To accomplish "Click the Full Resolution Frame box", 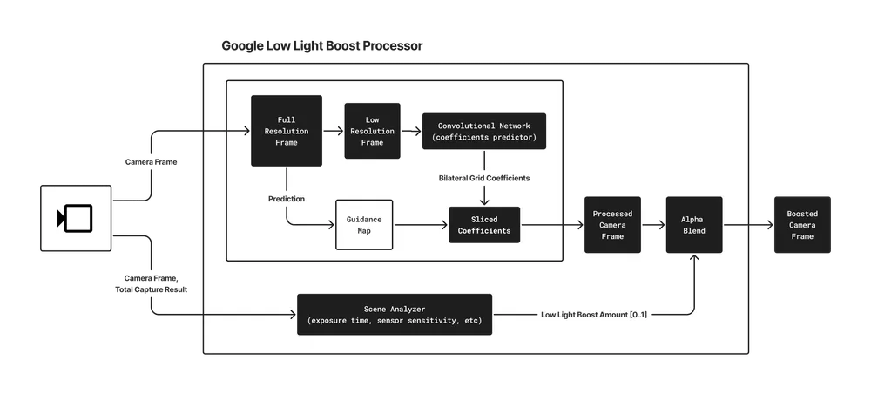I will [287, 131].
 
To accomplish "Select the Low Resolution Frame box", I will [372, 131].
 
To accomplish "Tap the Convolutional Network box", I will [484, 131].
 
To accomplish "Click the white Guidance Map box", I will [364, 224].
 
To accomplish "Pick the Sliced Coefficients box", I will [483, 225].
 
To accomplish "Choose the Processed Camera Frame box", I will [612, 225].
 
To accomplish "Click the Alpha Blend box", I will [694, 225].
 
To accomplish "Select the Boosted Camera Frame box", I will [802, 225].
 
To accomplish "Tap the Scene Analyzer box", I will [395, 314].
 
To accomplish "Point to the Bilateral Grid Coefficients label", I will [484, 178].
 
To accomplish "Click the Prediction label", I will [287, 199].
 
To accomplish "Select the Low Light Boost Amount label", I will [594, 314].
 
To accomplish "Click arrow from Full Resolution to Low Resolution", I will [333, 131].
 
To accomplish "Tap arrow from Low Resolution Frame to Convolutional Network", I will [411, 131].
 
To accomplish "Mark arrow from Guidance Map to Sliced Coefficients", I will [420, 225].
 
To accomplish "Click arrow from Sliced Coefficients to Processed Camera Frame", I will [552, 225].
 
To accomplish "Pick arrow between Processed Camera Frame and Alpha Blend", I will [653, 225].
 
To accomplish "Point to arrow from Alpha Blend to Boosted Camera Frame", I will [747, 225].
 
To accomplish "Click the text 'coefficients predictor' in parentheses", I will [484, 137].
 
